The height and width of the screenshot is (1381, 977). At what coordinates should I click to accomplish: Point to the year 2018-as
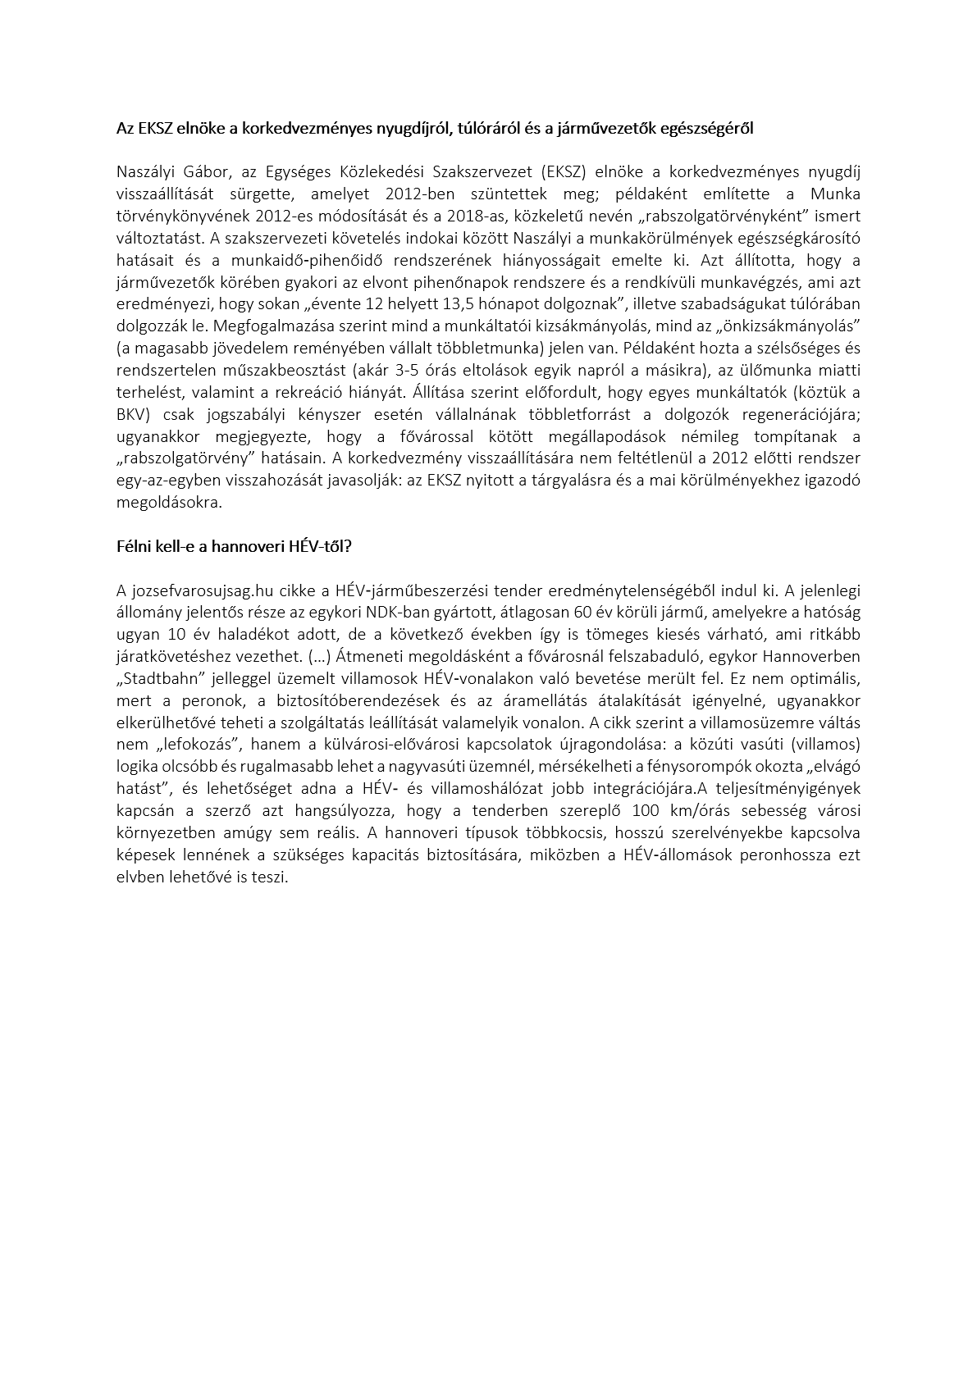coord(463,216)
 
